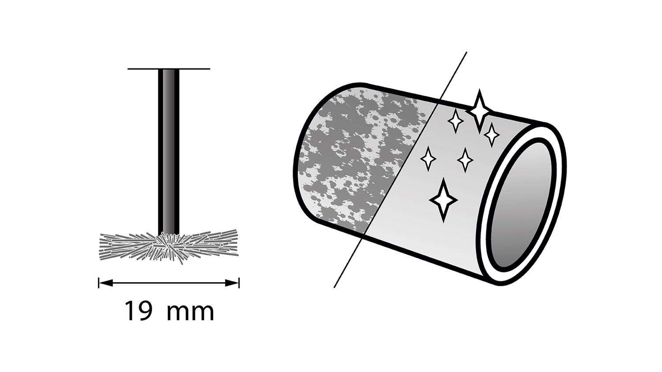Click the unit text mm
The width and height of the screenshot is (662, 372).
[190, 313]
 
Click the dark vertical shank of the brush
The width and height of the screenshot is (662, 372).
[169, 152]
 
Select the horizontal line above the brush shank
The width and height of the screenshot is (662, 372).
[169, 69]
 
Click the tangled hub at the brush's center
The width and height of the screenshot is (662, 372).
[169, 247]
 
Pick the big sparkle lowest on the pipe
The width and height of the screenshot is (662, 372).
[443, 200]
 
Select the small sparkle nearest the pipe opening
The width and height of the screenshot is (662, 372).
[492, 135]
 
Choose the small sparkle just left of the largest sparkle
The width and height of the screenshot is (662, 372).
[455, 121]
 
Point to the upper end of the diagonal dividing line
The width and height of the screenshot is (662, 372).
[466, 53]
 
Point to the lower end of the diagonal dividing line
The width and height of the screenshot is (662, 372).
[334, 287]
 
